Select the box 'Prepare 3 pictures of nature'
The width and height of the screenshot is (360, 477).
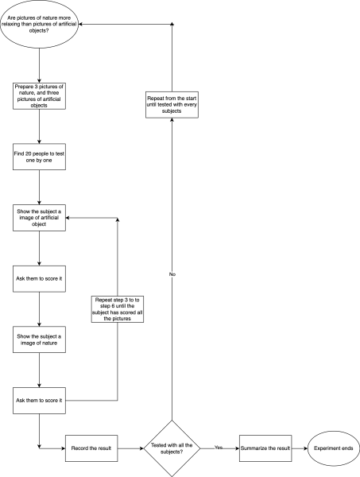point(39,95)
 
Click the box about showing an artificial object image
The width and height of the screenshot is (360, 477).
point(39,218)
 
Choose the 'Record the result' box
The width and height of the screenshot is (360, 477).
point(91,448)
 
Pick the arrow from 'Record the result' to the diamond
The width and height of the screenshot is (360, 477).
point(129,448)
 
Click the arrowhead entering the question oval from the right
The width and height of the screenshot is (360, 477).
point(80,25)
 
